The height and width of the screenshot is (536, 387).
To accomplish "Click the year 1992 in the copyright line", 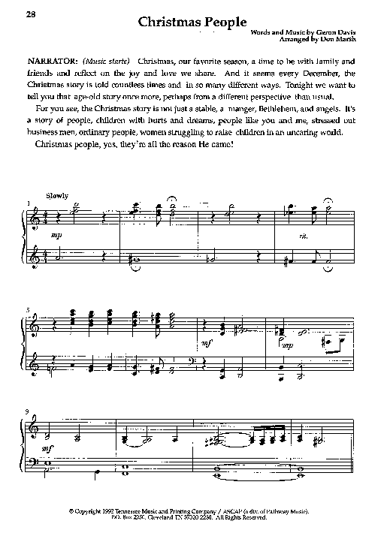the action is pyautogui.click(x=114, y=510).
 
